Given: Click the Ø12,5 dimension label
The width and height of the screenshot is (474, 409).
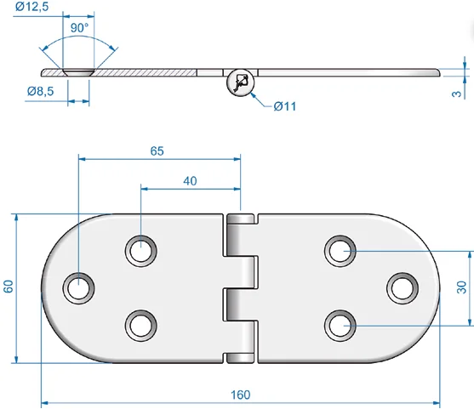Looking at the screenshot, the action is (x=31, y=6).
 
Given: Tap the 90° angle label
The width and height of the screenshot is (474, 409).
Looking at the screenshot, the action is (x=79, y=28).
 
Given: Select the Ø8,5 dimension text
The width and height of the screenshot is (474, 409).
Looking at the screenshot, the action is (x=41, y=91).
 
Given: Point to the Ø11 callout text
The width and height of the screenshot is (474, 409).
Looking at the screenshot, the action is (x=285, y=106).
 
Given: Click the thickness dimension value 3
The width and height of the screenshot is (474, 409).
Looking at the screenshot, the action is (x=457, y=94).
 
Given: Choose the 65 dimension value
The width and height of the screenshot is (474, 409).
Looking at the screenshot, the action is (x=157, y=151).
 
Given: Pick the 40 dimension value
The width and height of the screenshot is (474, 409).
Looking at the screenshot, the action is (x=190, y=181).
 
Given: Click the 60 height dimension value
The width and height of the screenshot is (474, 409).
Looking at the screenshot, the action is (x=9, y=287).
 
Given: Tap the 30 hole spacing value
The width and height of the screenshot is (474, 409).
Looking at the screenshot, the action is (x=461, y=287).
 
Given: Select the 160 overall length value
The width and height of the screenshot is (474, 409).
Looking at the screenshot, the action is (x=240, y=395).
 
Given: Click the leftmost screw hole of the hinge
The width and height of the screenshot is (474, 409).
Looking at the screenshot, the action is (x=78, y=288).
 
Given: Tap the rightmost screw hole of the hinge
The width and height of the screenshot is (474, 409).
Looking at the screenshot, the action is (x=403, y=288).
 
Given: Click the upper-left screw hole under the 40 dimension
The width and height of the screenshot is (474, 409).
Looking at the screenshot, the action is (x=141, y=251).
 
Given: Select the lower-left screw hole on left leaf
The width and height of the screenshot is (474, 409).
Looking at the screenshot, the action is (x=141, y=326).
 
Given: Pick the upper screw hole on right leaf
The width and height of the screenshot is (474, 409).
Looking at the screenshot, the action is (x=340, y=251).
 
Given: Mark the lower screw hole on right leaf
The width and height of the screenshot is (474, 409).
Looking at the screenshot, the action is (x=340, y=326).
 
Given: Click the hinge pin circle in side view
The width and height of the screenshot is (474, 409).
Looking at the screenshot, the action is (x=241, y=82).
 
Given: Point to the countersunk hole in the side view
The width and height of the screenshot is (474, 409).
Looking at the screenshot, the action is (x=78, y=72).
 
